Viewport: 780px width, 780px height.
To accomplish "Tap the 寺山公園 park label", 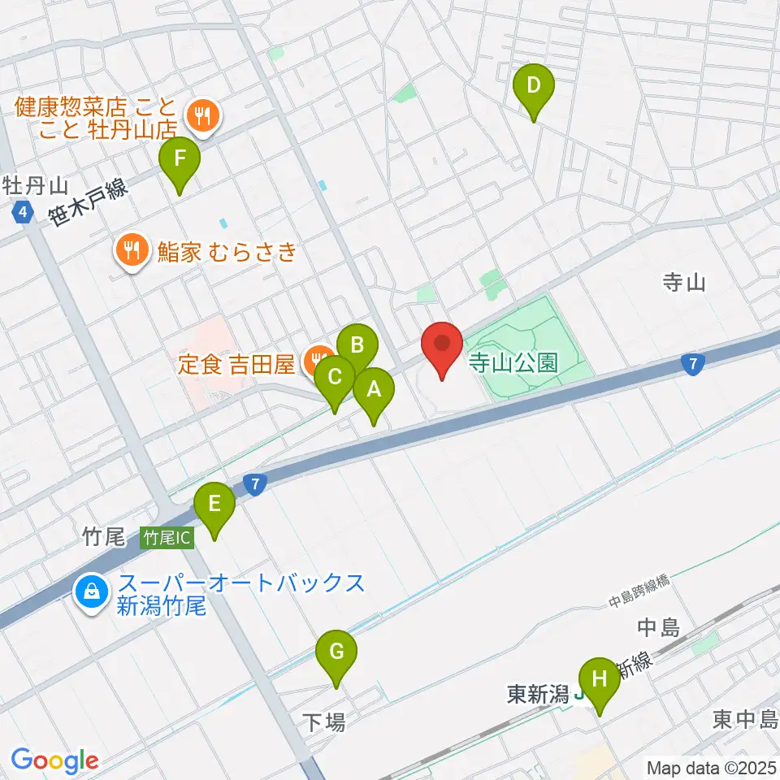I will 513,363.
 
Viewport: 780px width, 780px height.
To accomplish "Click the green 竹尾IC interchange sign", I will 167,537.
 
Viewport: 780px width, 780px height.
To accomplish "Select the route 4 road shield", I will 23,214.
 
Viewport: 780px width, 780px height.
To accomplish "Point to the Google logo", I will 54,761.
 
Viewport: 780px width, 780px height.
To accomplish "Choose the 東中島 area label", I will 745,719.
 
